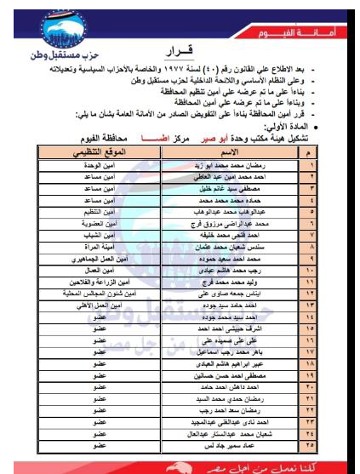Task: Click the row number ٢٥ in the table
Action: pos(311,444)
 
